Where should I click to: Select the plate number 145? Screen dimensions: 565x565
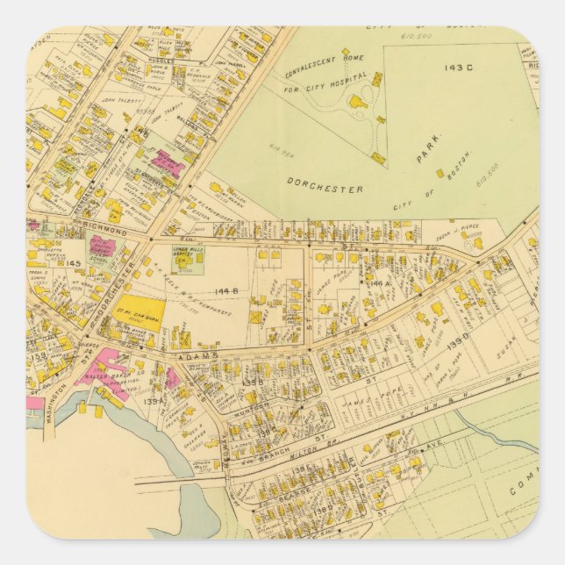click(74, 262)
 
